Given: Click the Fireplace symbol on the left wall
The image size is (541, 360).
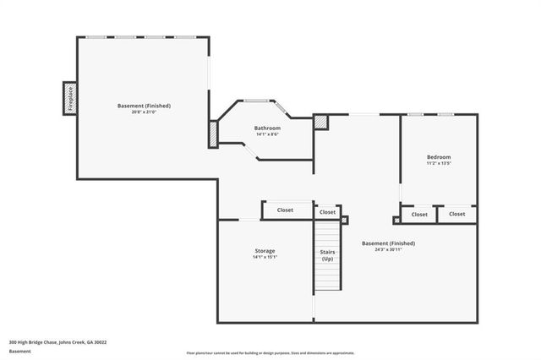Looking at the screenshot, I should coord(70,98).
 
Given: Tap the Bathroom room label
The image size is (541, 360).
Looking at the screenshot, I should coord(267,128).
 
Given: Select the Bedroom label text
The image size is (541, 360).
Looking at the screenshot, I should coord(439,157).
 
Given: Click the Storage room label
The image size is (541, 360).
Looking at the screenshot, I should coord(265,251).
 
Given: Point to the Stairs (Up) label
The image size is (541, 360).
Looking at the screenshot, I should coord(327,254).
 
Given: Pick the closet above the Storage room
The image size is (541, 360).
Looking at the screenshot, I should coord(286,210).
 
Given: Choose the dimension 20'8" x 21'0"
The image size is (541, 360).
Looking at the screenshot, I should coord(144,112).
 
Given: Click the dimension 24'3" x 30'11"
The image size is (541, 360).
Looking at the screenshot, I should coord(389,249).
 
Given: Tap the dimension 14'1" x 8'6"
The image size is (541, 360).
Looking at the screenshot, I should coord(267,134).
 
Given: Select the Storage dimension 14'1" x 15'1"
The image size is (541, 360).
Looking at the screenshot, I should coord(265,257).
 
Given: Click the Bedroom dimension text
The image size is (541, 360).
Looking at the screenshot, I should coord(439,163).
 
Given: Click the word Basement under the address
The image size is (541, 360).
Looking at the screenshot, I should coord(19,351).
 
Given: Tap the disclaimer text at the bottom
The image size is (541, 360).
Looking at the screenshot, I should coord(270,353).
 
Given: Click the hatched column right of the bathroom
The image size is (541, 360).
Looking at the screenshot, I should coord(320,123).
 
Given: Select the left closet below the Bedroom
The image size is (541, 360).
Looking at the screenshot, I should coord(420,214).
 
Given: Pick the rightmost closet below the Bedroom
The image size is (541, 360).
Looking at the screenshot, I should coord(457,214).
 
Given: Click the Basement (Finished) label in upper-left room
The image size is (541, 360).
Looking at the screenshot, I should coord(144,106).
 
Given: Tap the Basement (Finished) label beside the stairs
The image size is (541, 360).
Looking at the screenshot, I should coord(389,243).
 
